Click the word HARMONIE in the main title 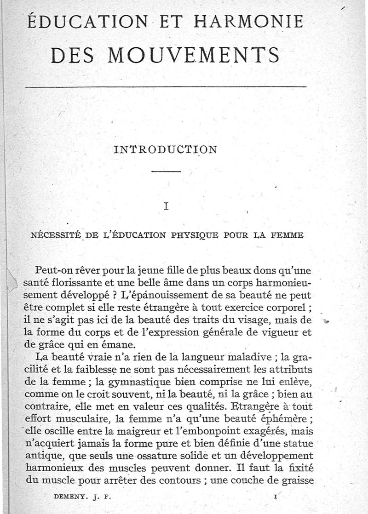pos(249,22)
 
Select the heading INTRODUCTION pos(165,149)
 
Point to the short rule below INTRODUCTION pos(166,172)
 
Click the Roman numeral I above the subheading pos(166,206)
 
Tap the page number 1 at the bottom pos(275,497)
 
